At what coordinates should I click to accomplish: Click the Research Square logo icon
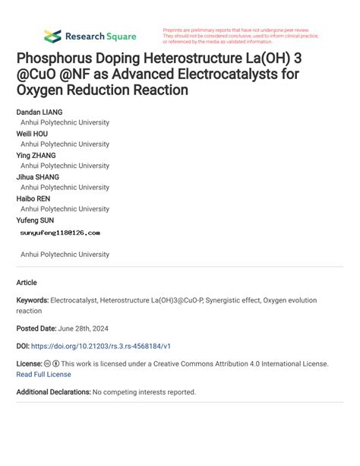tap(52, 36)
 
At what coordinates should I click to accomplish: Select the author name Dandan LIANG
tap(39, 112)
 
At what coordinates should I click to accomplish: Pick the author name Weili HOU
tap(32, 133)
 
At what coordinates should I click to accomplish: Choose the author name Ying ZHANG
tap(36, 155)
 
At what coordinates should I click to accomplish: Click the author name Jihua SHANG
tap(38, 176)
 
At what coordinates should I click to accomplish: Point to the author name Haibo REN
tap(34, 198)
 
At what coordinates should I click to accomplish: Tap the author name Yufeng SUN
tap(35, 220)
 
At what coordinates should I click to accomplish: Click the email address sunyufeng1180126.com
tap(60, 233)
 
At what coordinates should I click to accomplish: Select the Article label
tap(27, 282)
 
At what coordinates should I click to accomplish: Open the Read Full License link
tap(43, 374)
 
